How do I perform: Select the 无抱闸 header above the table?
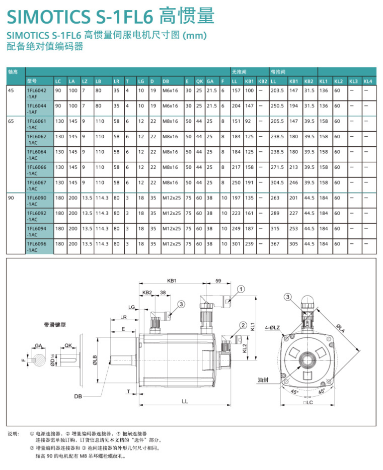click(240, 72)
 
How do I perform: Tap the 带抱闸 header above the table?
click(277, 72)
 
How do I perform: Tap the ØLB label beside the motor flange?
click(95, 360)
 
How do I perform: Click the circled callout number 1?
click(241, 289)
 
